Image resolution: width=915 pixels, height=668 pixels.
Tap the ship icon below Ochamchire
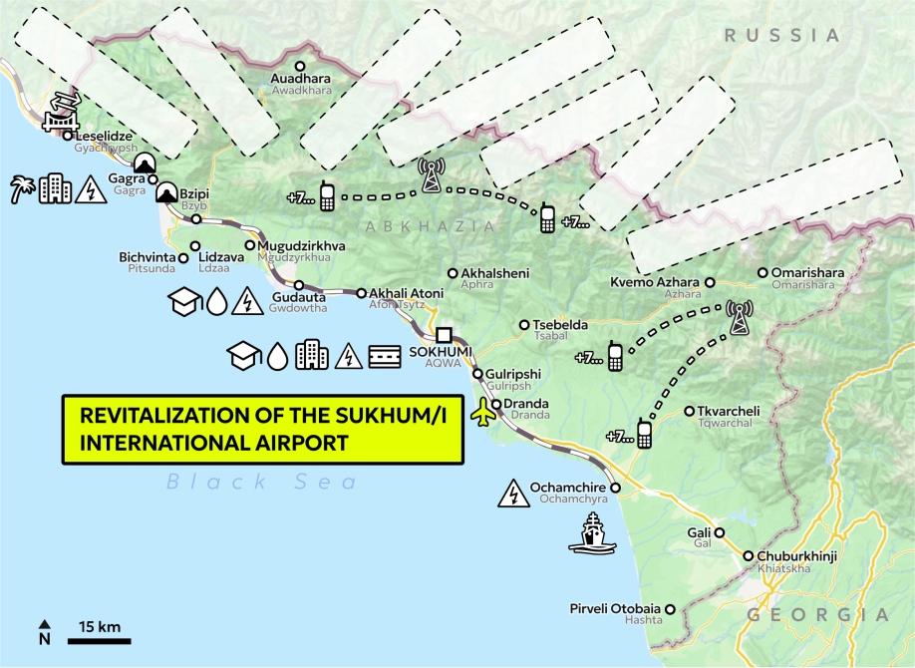592,532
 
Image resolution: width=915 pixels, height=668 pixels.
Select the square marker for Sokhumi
444,335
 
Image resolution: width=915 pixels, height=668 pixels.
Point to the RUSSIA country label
782,35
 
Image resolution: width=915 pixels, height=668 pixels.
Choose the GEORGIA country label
817,614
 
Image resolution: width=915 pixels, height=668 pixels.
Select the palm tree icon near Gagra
22,188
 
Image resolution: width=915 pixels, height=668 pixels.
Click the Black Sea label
261,483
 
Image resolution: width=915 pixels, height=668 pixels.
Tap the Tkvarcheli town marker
690,411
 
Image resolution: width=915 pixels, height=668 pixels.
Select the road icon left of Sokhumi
385,356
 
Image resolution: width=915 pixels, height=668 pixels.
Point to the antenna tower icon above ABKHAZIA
431,175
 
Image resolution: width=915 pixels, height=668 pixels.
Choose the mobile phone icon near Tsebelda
615,356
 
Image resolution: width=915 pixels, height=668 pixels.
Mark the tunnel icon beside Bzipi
165,189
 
